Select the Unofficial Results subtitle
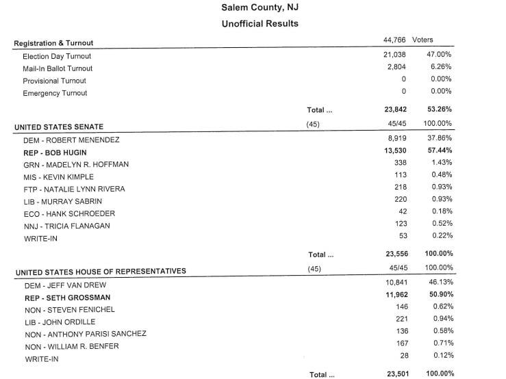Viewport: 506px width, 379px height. tap(260, 23)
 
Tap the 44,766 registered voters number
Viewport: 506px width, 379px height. tap(395, 40)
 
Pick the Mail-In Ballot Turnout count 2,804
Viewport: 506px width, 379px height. tap(396, 68)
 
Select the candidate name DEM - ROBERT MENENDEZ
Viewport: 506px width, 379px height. tap(72, 140)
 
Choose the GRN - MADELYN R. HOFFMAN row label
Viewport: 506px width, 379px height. tap(76, 164)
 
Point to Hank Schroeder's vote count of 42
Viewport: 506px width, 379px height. tap(403, 212)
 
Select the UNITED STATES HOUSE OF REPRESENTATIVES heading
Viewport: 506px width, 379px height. tap(101, 272)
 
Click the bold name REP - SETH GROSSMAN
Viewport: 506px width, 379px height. tap(68, 298)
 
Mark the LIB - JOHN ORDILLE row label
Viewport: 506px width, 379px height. tap(60, 322)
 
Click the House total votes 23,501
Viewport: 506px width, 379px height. tap(394, 374)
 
